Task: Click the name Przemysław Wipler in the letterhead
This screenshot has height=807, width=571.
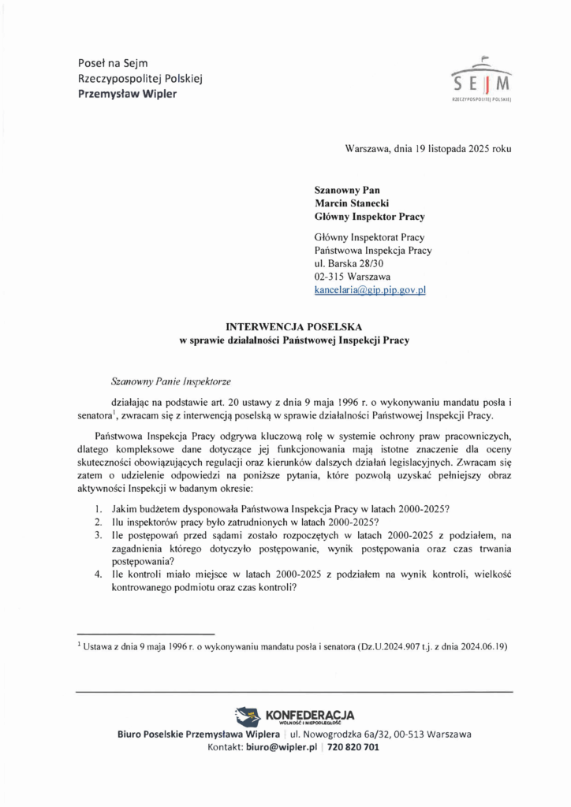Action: coord(127,94)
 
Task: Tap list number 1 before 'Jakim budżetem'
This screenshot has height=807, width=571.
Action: coord(98,509)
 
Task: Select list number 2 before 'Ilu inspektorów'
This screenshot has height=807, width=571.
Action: coord(98,523)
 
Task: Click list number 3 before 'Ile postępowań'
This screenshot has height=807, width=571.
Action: coord(98,536)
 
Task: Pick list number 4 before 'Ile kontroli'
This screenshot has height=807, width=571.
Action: coord(98,575)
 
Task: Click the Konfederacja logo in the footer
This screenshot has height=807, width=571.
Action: coord(295,716)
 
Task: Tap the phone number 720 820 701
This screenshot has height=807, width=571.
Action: coord(353,747)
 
